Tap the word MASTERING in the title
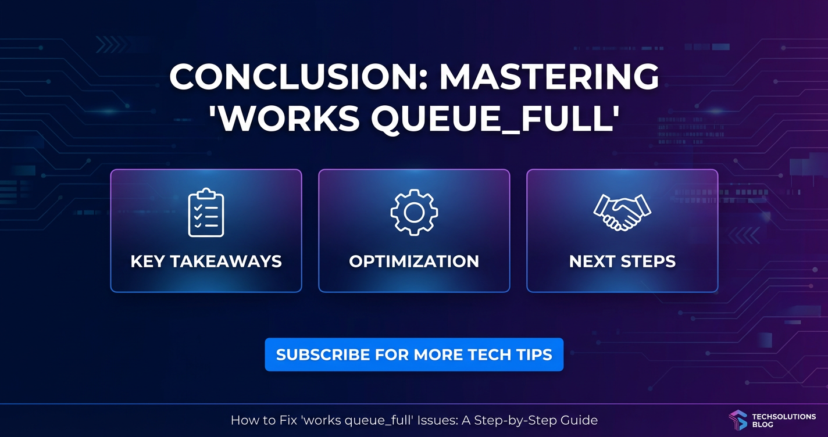pos(549,76)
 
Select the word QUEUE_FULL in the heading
pos(495,119)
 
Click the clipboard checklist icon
pos(206,213)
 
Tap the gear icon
pos(414,213)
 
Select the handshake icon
pos(622,213)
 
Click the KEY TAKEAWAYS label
pos(206,262)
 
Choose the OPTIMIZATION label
pos(414,262)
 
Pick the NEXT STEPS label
pos(623,262)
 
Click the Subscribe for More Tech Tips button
pos(414,354)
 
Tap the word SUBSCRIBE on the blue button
pos(323,354)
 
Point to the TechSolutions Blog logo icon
pos(738,420)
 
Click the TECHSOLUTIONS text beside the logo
pos(784,417)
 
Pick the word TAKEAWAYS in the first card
pos(226,262)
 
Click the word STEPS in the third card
pos(648,262)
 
